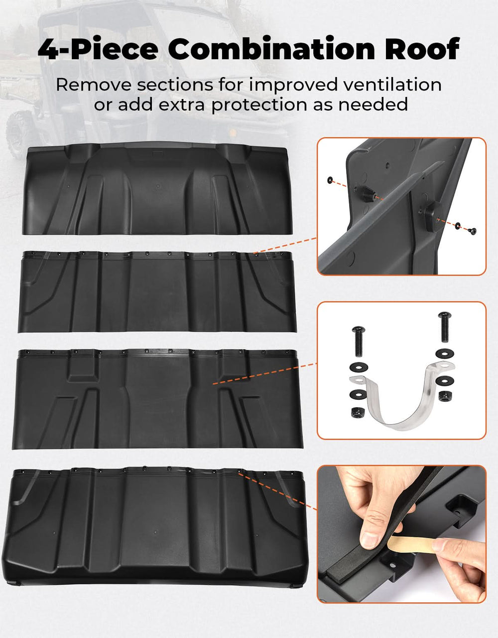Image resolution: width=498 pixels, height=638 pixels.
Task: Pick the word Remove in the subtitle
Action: [93, 85]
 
